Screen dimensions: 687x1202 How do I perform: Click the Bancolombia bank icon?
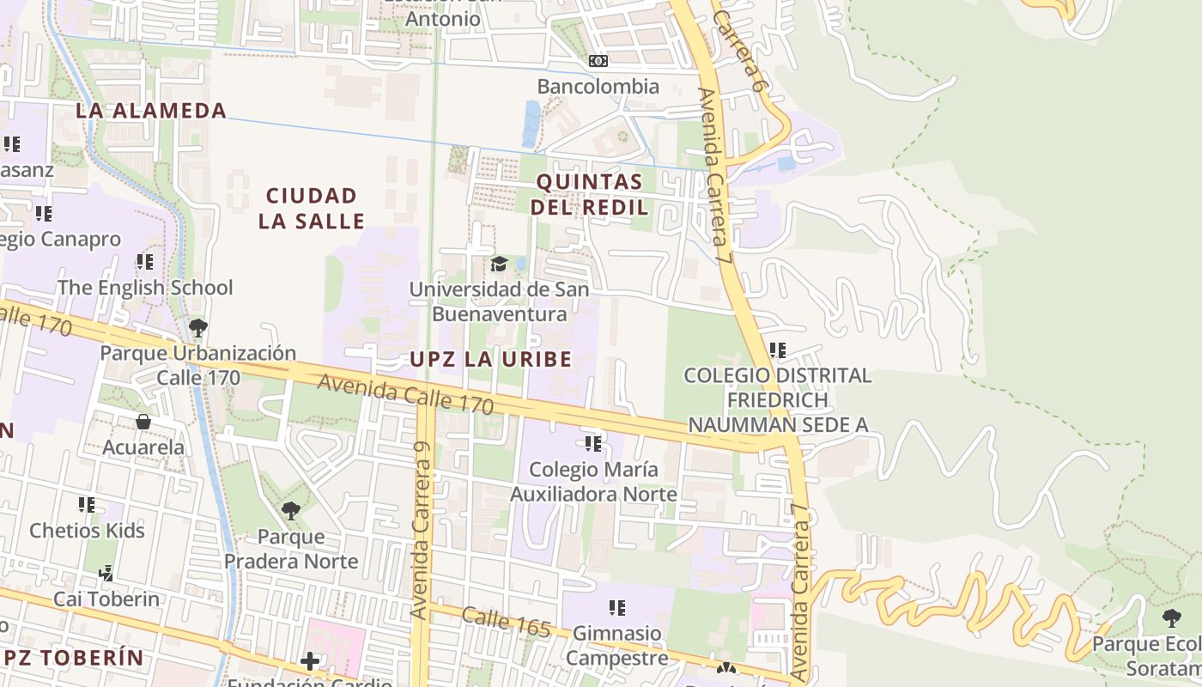(598, 61)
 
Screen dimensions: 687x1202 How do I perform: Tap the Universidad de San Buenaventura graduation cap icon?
(499, 264)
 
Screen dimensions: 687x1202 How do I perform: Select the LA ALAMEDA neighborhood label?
(151, 110)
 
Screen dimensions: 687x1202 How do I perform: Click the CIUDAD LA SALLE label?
(312, 209)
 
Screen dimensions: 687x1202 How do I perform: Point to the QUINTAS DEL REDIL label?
(590, 194)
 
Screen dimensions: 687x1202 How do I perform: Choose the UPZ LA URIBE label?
(490, 359)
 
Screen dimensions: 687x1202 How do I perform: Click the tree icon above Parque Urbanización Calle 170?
(197, 327)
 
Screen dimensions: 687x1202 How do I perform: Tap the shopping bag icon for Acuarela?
(143, 422)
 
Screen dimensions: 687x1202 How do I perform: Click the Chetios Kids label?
(88, 531)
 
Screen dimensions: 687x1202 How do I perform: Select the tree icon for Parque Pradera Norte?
(291, 511)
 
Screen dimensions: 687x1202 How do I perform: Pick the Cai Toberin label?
(106, 599)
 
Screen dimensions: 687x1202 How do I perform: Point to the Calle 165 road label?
(506, 622)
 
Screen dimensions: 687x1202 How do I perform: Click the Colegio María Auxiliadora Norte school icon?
(592, 444)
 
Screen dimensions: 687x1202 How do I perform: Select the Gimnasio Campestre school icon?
(616, 608)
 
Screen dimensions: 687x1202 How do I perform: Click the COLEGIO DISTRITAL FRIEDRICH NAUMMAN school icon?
(777, 350)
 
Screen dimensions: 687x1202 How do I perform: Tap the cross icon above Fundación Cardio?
(310, 660)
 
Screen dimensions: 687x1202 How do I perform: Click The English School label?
(145, 288)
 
